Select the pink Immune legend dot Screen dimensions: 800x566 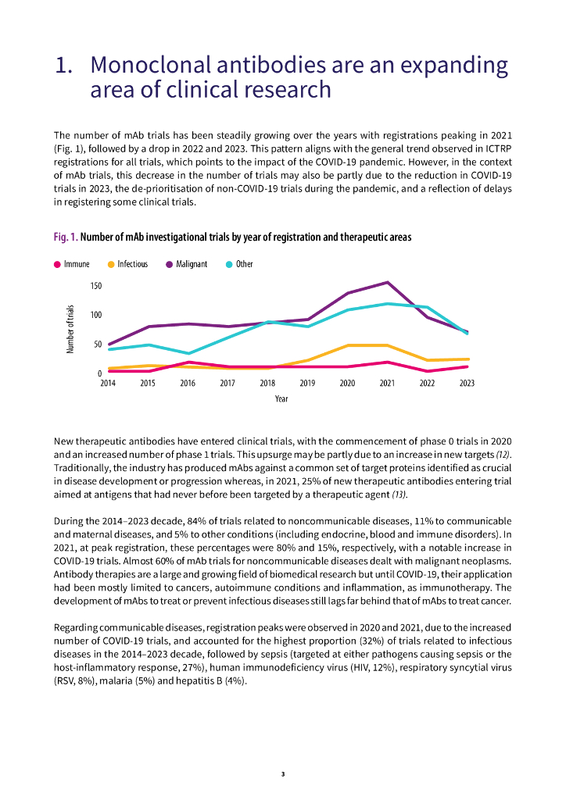click(57, 264)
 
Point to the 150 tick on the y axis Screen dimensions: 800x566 click(95, 286)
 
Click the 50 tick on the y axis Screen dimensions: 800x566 click(97, 344)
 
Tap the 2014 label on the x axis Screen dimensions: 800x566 click(108, 384)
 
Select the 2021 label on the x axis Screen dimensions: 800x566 click(387, 384)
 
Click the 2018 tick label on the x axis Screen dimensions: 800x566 click(267, 384)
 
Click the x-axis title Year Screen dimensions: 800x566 click(281, 399)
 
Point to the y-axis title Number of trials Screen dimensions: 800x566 click(70, 329)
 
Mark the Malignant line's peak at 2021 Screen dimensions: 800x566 click(387, 282)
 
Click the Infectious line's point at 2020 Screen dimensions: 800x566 click(347, 345)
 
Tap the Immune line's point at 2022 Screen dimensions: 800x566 click(427, 371)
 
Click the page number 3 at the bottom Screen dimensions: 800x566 click(283, 774)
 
